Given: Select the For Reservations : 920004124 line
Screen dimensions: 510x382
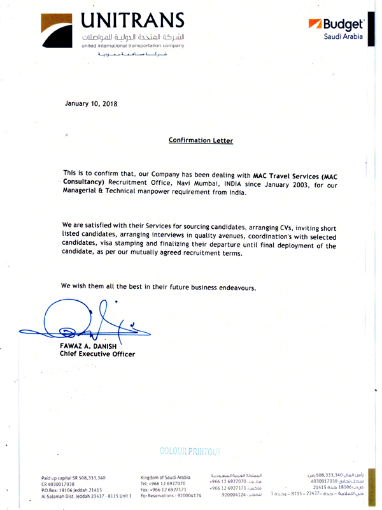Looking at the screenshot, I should pos(171,495).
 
